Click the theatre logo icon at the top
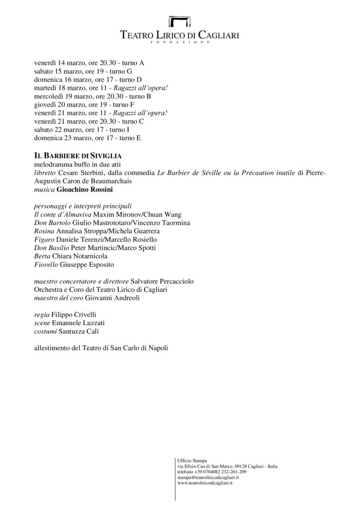click(x=180, y=22)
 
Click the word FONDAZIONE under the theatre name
click(x=180, y=43)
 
